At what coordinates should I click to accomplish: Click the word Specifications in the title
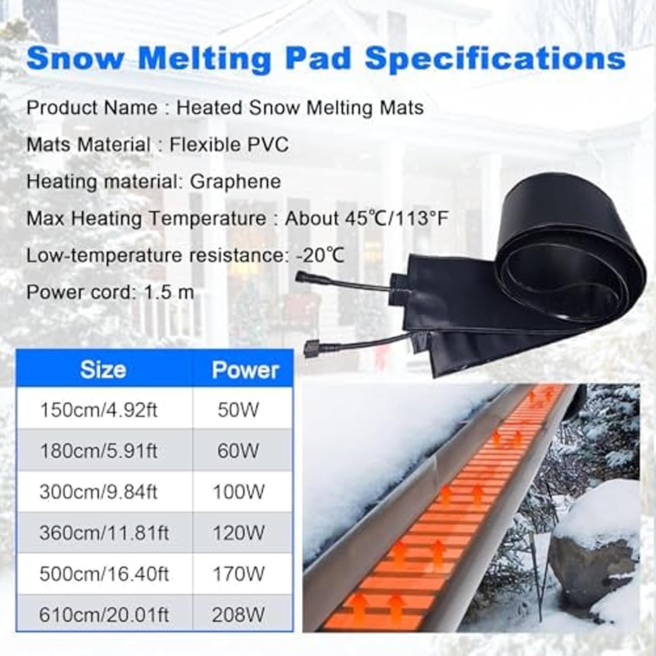tap(495, 58)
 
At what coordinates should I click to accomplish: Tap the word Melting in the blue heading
tap(204, 58)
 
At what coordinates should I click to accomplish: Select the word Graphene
tap(235, 181)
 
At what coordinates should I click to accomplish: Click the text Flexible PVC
tap(229, 145)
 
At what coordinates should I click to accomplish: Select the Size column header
tap(103, 370)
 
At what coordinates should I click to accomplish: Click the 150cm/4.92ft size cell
tap(98, 410)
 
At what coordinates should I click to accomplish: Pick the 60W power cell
tap(238, 451)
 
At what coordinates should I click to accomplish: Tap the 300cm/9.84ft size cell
tap(98, 492)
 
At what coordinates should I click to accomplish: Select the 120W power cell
tap(239, 533)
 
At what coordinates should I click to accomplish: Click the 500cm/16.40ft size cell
tap(104, 574)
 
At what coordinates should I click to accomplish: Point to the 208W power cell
tap(238, 615)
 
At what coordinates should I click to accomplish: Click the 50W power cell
tap(238, 410)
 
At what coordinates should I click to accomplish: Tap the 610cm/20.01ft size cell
tap(104, 615)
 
